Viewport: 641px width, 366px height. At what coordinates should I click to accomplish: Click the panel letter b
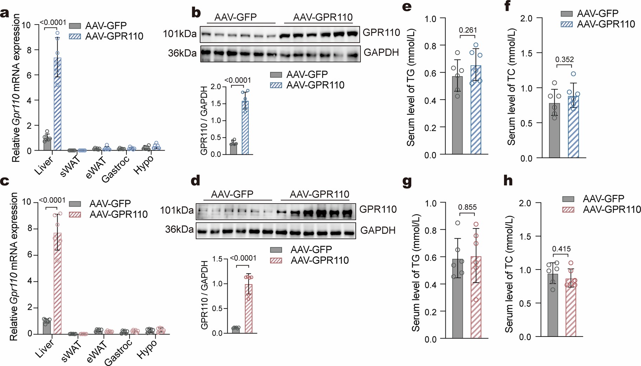pyautogui.click(x=196, y=13)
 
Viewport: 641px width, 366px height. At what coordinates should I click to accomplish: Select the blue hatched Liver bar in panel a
pyautogui.click(x=58, y=105)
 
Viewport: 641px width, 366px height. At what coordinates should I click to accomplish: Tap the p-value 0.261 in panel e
pyautogui.click(x=468, y=30)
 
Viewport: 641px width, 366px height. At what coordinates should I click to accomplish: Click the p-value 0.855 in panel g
pyautogui.click(x=467, y=207)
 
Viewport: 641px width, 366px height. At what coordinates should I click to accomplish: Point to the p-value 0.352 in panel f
pyautogui.click(x=564, y=59)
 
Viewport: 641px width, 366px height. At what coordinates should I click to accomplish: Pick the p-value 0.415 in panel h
pyautogui.click(x=561, y=249)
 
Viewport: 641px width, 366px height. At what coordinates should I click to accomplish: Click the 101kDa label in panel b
pyautogui.click(x=179, y=34)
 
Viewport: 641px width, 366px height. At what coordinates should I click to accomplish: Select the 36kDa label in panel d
pyautogui.click(x=179, y=229)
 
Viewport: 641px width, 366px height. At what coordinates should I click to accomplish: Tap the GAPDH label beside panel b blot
pyautogui.click(x=381, y=53)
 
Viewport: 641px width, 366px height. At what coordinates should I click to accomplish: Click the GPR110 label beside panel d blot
pyautogui.click(x=378, y=209)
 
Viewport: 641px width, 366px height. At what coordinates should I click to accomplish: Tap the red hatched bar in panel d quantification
pyautogui.click(x=249, y=309)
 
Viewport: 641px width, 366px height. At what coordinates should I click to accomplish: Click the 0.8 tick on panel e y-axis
pyautogui.click(x=430, y=46)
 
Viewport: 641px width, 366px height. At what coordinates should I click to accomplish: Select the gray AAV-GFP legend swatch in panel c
pyautogui.click(x=75, y=204)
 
